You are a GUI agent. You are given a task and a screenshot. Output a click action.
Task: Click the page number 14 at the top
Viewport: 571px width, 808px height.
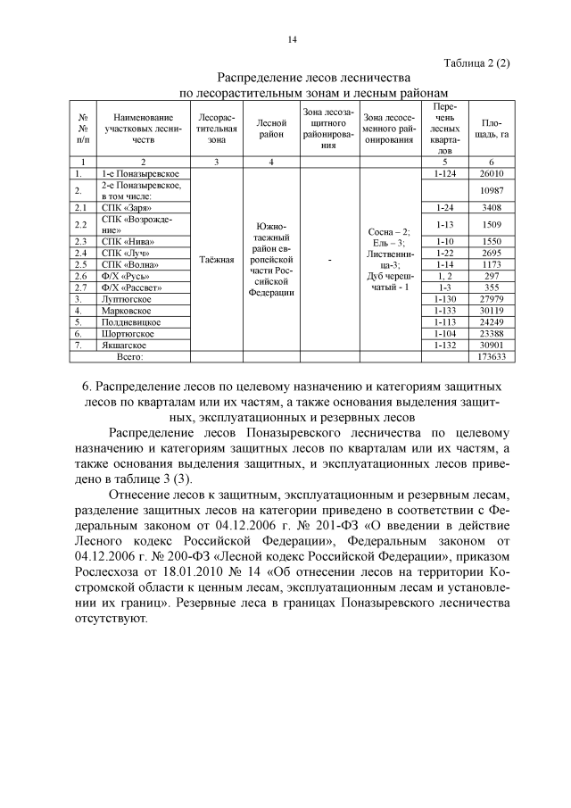[292, 39]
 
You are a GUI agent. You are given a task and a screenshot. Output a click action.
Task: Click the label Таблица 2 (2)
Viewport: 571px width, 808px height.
[476, 62]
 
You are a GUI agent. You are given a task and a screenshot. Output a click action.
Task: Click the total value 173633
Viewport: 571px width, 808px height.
[492, 356]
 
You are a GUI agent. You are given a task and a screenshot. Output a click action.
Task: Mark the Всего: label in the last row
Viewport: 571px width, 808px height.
[130, 356]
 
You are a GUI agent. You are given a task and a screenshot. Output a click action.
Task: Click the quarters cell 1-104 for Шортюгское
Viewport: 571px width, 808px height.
[443, 333]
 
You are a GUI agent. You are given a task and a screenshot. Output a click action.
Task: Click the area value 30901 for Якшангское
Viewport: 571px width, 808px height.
[492, 345]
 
